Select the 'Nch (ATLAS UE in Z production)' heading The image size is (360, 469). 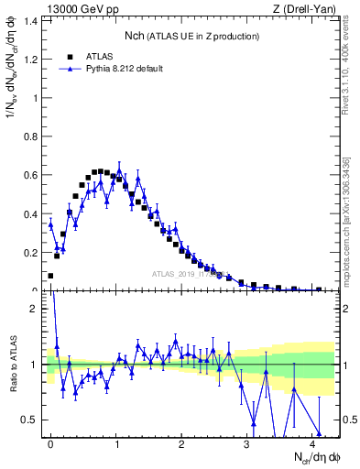click(191, 36)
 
